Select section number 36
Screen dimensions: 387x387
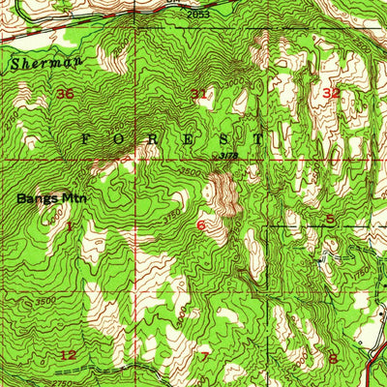click(66, 94)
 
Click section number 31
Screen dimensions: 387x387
click(198, 94)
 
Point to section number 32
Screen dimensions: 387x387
click(332, 93)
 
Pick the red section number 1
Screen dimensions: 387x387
click(70, 225)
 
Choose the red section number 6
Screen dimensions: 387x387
click(200, 225)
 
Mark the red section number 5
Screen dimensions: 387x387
click(330, 219)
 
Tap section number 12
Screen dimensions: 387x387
click(67, 355)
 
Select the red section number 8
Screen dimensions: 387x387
click(332, 358)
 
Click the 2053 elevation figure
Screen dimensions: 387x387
click(198, 15)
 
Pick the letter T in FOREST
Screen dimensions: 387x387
click(258, 138)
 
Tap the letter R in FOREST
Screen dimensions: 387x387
click(156, 138)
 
